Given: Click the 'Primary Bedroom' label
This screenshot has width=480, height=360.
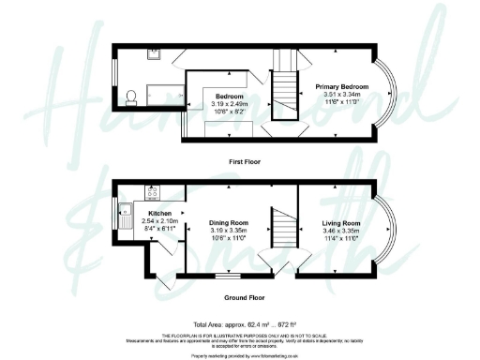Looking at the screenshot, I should (341, 87).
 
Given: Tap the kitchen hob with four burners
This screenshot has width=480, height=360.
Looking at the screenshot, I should (151, 195).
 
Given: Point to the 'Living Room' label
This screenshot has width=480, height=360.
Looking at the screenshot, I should (340, 222).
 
